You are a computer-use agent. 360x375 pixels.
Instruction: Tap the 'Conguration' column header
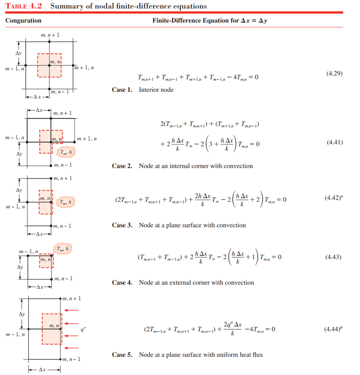pos(24,20)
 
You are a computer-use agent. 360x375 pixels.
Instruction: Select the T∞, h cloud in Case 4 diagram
pos(62,248)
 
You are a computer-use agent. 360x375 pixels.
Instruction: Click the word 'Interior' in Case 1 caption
pos(149,90)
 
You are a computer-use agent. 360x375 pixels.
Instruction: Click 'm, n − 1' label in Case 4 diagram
pos(63,279)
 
